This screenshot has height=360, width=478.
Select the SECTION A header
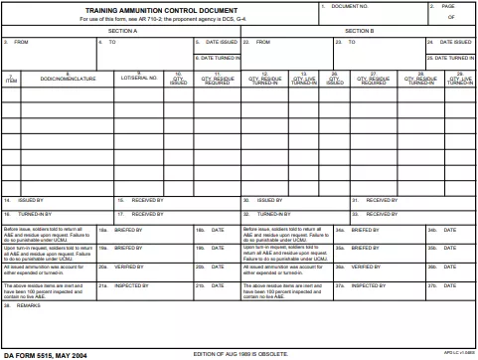(121, 30)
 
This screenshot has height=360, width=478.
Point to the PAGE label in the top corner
(463, 6)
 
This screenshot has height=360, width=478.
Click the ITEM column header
(11, 81)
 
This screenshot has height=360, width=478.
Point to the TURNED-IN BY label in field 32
(275, 214)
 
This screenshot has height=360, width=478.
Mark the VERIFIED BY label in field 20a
(130, 268)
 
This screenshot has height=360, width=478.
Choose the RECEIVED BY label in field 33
(382, 214)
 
